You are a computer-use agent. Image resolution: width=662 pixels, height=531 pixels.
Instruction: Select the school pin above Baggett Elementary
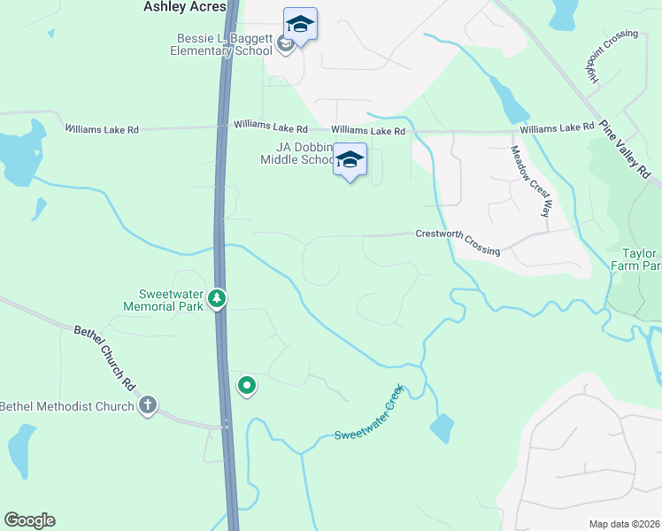(300, 25)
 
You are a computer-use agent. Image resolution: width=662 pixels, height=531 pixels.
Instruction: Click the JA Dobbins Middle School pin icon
(350, 159)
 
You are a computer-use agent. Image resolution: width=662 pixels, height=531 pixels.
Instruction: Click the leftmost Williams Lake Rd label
(102, 129)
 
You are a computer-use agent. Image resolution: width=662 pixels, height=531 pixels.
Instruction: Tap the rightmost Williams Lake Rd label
(557, 129)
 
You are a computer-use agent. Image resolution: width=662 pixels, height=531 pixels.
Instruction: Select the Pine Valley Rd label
(624, 149)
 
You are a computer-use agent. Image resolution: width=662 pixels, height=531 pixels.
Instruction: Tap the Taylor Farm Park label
(636, 258)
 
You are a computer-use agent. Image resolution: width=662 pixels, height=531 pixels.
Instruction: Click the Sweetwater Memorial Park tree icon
(217, 300)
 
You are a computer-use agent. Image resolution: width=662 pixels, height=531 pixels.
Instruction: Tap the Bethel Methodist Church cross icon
(148, 406)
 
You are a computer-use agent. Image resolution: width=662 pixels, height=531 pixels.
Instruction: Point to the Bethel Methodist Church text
(66, 406)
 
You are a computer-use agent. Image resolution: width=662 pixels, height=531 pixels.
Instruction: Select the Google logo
(29, 520)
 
